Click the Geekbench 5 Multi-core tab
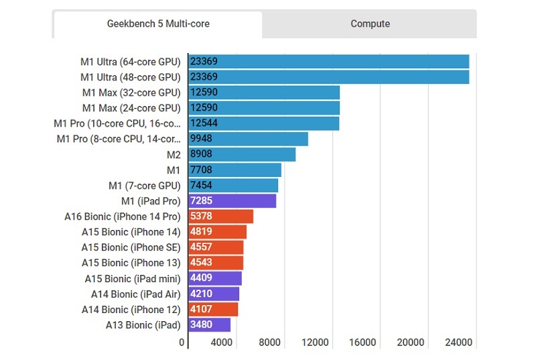tap(158, 23)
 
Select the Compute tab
tap(370, 23)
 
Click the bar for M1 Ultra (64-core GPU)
tap(328, 61)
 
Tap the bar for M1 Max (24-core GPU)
tap(264, 107)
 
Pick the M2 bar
tap(242, 154)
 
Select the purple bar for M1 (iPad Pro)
tap(232, 201)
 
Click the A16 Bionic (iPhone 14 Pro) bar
tap(220, 217)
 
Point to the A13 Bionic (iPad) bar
tap(209, 325)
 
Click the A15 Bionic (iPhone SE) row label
tap(131, 247)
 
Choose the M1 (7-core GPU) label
tap(145, 186)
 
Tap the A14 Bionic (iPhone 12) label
tap(131, 310)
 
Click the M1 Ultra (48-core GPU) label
tap(131, 76)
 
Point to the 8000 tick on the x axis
tap(269, 343)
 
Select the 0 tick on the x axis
tap(182, 343)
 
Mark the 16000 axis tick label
tap(363, 343)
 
